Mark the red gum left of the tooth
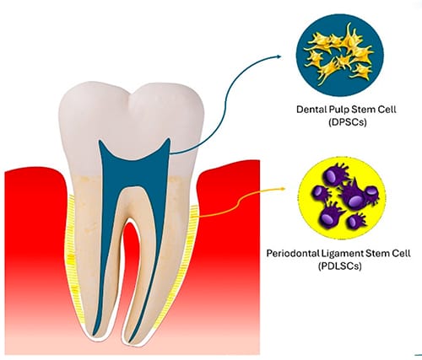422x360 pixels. coord(34,253)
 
